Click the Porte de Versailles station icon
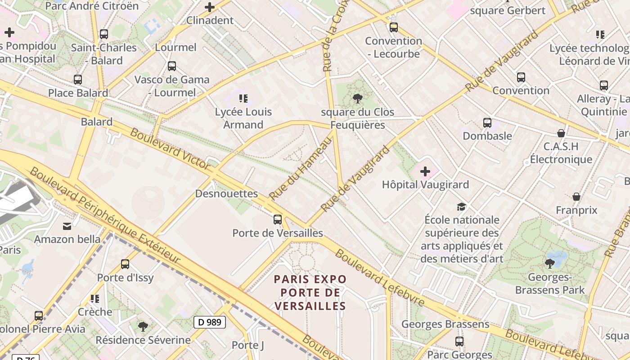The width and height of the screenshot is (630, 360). point(278,220)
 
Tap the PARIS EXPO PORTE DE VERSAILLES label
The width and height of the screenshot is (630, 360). point(310,292)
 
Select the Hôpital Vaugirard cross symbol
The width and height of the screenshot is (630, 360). point(425,171)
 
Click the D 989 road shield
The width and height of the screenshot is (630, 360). point(209,322)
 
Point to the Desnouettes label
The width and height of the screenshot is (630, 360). point(226,193)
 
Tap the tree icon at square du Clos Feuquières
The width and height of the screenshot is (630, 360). point(358,98)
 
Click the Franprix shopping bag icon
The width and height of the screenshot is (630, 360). point(576,197)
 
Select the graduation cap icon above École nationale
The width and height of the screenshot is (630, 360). point(462,207)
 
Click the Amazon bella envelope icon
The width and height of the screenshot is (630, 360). point(67,226)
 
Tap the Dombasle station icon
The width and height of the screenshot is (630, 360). point(487,122)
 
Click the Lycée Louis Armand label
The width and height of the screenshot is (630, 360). point(243,118)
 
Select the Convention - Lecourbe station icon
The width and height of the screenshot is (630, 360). point(394,27)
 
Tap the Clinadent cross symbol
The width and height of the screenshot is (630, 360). point(210,7)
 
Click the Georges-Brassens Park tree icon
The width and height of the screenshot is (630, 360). point(549,263)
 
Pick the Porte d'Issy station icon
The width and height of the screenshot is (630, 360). point(125,264)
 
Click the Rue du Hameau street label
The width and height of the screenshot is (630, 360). point(300,169)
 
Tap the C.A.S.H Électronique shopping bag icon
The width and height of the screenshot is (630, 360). point(561,133)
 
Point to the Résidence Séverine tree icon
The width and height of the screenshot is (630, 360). point(143,326)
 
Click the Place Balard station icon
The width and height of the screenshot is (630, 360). point(78,80)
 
